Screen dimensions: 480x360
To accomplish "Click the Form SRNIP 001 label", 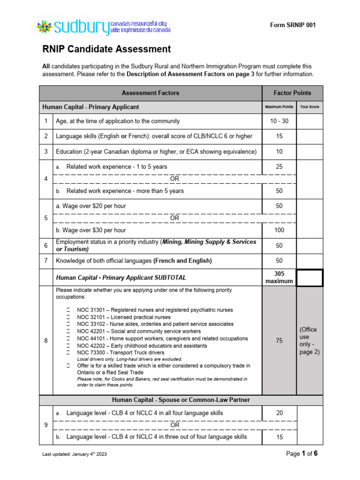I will tap(293, 25).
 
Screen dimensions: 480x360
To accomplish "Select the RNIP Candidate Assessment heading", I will tap(106, 49).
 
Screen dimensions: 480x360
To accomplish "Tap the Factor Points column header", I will tap(292, 93).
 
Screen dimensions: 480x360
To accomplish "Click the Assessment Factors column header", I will tap(150, 93).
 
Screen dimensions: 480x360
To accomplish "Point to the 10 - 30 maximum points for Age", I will tap(279, 121).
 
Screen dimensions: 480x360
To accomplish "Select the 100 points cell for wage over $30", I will tap(279, 230).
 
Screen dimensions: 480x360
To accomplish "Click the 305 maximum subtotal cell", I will tap(279, 277).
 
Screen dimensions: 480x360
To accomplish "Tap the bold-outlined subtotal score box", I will tap(309, 277).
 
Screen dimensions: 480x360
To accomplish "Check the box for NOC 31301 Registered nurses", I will tap(68, 310).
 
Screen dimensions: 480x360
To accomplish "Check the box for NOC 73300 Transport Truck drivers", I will tap(68, 352).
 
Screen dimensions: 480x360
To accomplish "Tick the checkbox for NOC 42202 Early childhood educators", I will tap(68, 345).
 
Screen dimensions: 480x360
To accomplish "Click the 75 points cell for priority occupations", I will tap(279, 341).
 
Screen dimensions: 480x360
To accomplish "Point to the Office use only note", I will tap(309, 341).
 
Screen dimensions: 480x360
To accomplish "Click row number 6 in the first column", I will tap(46, 245).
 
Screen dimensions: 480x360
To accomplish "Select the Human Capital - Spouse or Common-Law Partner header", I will tap(180, 400).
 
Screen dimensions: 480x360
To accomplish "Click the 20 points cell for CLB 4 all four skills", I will tap(279, 413).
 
